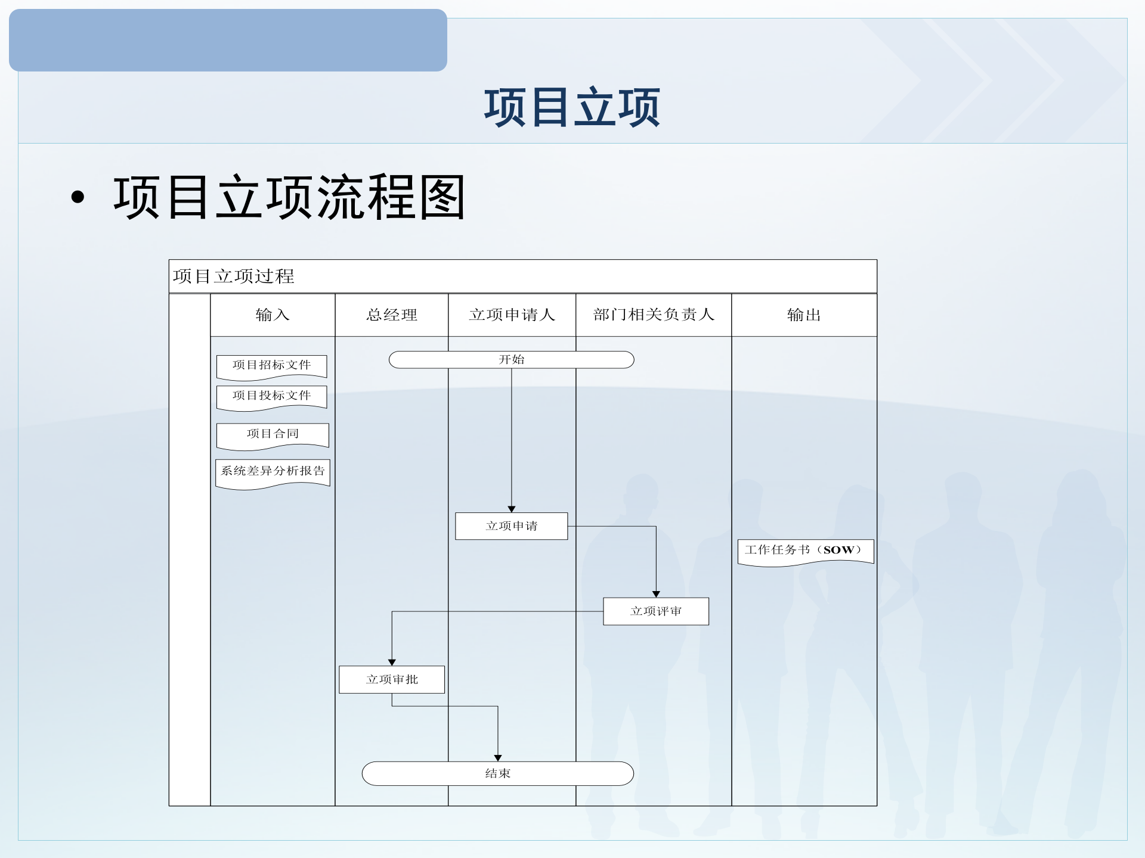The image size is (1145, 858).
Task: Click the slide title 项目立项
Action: coord(572,107)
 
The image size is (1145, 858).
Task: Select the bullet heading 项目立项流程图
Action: coord(289,197)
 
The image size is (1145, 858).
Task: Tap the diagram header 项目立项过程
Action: coord(234,276)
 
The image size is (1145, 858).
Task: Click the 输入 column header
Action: coord(273,315)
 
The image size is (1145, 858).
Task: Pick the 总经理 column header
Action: coord(392,315)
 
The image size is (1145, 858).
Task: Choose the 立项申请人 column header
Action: coord(512,315)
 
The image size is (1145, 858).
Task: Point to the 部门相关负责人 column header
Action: coord(654,315)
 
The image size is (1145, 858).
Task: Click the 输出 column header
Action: coord(804,315)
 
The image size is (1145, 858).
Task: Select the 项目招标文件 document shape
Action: coord(271,365)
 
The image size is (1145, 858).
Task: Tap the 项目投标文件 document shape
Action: coord(271,396)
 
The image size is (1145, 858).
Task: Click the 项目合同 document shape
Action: coord(273,434)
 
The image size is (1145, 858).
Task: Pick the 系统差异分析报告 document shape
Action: coord(273,471)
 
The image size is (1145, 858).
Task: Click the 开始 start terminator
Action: coord(511,360)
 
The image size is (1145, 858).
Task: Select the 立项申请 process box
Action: coord(511,526)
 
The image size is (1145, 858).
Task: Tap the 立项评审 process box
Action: coord(656,611)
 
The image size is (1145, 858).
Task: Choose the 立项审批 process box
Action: coord(392,679)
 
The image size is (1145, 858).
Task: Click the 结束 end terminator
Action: coord(497,773)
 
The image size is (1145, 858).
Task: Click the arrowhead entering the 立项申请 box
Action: coord(511,509)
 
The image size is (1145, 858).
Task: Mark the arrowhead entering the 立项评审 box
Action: coord(656,594)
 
